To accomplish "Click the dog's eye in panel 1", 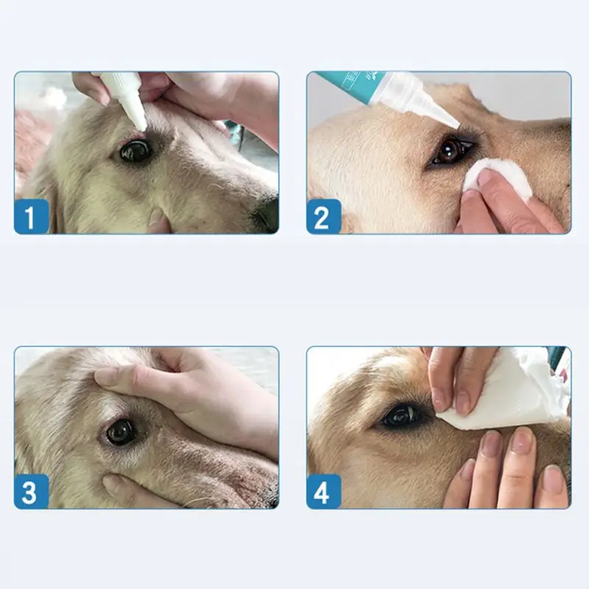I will point(135,151).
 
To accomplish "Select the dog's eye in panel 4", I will point(403,417).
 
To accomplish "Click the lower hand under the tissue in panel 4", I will point(508,471).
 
